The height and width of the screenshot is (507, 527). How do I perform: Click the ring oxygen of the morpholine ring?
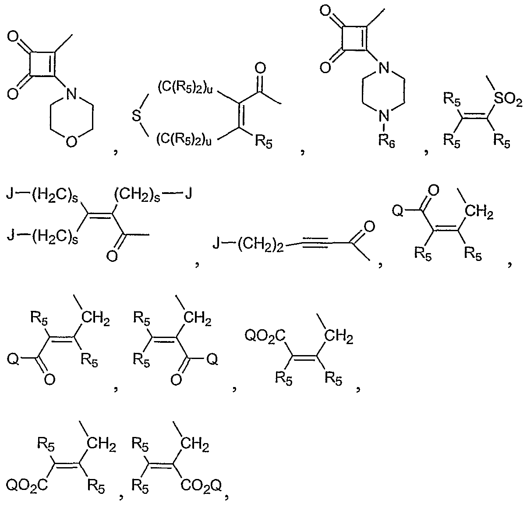[71, 141]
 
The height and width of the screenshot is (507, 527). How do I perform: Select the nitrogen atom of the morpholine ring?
[71, 94]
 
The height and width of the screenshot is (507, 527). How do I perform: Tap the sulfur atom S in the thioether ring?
[137, 116]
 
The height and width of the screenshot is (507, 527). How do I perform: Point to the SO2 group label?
[508, 100]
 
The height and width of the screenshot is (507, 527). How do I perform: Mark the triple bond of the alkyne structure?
[315, 241]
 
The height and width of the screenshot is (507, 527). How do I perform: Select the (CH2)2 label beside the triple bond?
[261, 246]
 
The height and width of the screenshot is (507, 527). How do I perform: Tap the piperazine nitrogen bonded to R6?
[384, 116]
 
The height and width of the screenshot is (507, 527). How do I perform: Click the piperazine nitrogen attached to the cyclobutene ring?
[384, 68]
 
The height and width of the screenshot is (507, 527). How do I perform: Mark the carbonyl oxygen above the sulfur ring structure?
[260, 68]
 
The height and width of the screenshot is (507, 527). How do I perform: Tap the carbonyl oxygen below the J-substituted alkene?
[112, 256]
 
